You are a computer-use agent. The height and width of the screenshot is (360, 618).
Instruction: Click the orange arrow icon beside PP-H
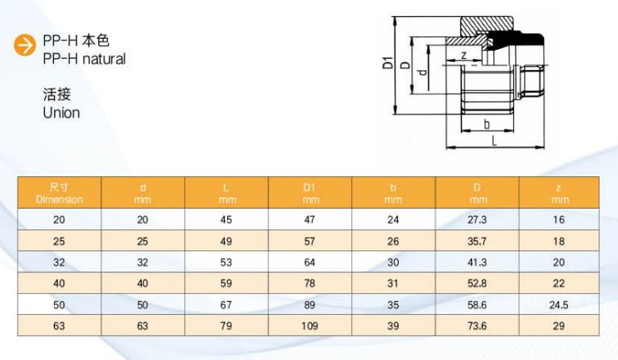(x=27, y=46)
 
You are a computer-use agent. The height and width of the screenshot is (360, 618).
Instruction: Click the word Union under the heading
(x=61, y=113)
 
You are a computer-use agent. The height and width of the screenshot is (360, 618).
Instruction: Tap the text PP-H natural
(x=85, y=59)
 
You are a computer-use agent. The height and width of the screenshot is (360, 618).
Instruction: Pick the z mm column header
(x=559, y=193)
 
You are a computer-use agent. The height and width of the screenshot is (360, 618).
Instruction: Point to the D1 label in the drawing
(x=388, y=62)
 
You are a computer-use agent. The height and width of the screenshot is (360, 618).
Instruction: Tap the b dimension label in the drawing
(x=487, y=124)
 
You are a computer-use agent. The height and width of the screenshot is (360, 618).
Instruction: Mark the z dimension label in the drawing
(x=464, y=55)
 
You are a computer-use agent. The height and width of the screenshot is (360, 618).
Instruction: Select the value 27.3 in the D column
(x=477, y=219)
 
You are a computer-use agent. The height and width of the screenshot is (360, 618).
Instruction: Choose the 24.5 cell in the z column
(x=559, y=304)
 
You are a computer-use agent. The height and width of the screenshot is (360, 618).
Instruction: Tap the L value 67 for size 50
(x=227, y=304)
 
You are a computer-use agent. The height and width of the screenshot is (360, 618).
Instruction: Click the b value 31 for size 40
(x=393, y=283)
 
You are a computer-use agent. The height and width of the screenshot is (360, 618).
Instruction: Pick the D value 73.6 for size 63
(x=477, y=325)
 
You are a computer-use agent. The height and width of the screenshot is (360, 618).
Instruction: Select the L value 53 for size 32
(x=227, y=262)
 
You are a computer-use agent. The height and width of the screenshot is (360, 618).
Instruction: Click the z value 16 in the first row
(x=559, y=219)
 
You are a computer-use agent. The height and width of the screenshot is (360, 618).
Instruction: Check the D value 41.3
(x=477, y=262)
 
